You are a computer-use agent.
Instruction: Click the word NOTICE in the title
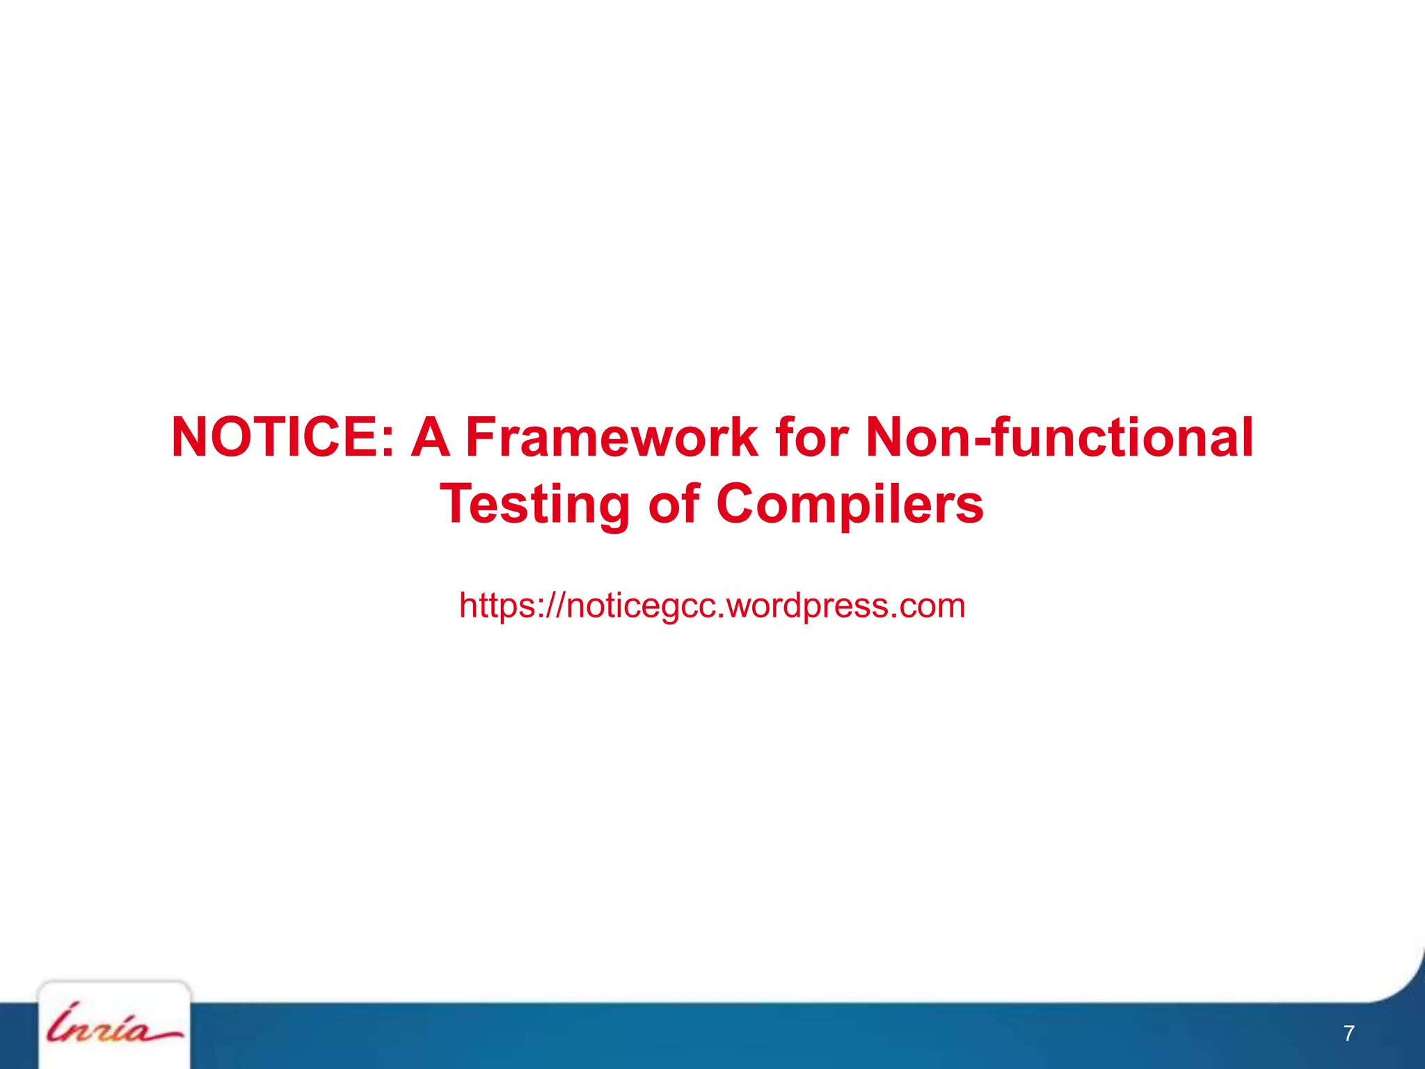[x=275, y=438]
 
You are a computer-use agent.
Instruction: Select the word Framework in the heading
[x=611, y=438]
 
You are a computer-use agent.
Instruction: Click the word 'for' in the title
[x=811, y=438]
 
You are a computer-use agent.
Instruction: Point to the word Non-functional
[x=1059, y=438]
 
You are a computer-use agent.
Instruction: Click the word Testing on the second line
[x=534, y=505]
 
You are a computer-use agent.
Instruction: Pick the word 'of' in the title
[x=673, y=505]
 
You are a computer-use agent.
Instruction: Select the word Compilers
[x=850, y=505]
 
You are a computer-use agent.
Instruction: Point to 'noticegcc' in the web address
[x=644, y=605]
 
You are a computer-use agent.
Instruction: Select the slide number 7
[x=1348, y=1034]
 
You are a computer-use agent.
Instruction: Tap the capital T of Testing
[x=459, y=503]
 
